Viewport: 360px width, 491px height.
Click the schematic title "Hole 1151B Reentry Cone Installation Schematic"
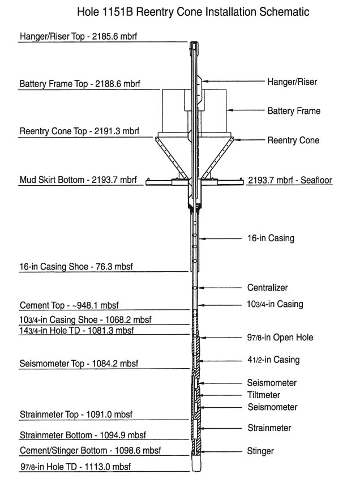[x=193, y=12]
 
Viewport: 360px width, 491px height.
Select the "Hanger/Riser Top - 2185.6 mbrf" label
[x=78, y=36]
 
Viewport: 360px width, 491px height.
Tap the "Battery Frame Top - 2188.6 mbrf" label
[x=80, y=84]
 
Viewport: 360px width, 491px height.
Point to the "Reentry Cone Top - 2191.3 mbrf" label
[x=79, y=131]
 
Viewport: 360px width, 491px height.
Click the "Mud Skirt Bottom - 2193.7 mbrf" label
[x=78, y=180]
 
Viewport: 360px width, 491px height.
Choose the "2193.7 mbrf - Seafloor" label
[x=290, y=180]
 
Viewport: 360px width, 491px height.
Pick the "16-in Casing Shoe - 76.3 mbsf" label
[x=76, y=267]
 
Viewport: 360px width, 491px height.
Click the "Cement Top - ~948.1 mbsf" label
[x=69, y=305]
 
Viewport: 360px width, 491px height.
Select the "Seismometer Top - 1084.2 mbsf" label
[x=79, y=364]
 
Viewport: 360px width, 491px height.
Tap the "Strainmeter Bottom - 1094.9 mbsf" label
[x=83, y=436]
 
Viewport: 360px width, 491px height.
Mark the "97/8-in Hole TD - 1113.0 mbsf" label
[x=75, y=467]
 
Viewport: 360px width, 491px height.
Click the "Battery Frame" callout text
[x=294, y=111]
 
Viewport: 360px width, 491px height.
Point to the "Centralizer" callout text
[x=267, y=288]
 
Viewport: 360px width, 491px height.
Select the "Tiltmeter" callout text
[x=264, y=395]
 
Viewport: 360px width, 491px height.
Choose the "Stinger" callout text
[x=260, y=451]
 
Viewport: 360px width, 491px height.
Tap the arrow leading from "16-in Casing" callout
[x=221, y=238]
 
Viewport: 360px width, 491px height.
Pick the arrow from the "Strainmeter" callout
[x=221, y=428]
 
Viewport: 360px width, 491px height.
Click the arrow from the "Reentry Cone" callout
[x=249, y=140]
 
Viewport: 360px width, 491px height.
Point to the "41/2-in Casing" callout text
[x=273, y=360]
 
